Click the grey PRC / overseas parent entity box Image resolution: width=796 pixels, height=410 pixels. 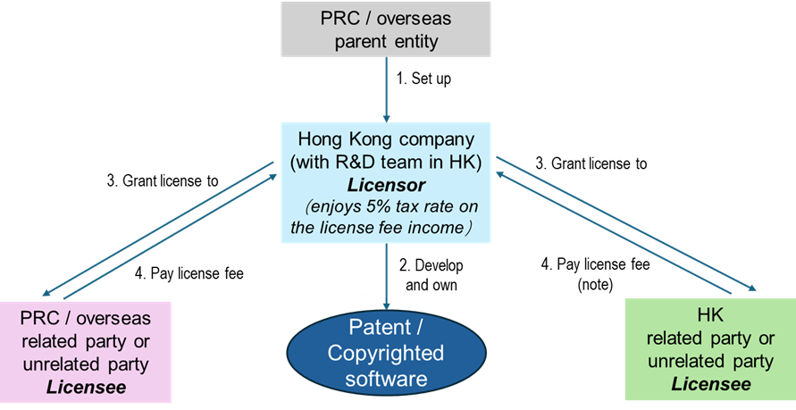click(386, 28)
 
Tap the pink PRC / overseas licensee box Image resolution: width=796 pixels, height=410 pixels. click(86, 353)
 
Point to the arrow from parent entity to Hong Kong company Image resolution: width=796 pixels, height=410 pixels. click(386, 89)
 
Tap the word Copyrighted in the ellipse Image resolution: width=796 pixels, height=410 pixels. click(385, 352)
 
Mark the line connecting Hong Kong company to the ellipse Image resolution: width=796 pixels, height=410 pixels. click(386, 268)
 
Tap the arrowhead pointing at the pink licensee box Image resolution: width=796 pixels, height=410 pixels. click(45, 294)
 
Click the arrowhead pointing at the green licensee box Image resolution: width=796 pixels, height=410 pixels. click(752, 288)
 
